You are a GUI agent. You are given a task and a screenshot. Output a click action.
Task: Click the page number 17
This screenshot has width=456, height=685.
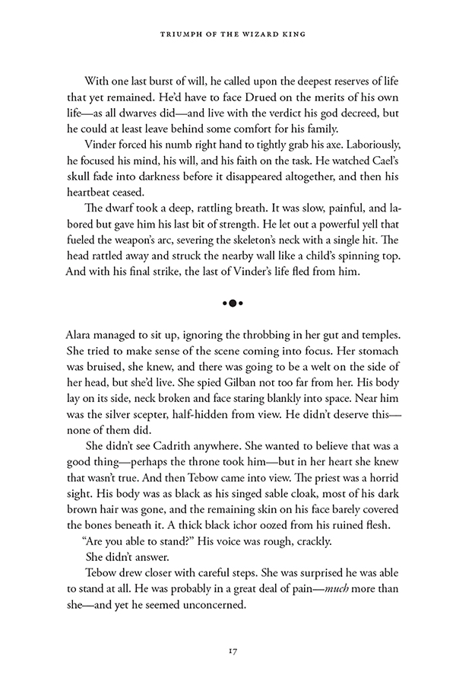click(x=228, y=651)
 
